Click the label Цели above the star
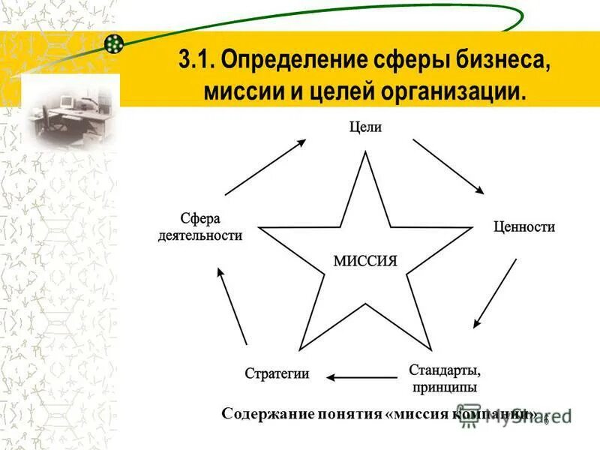pos(365,127)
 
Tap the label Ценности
pos(523,226)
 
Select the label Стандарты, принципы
pos(445,378)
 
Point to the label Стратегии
pos(277,374)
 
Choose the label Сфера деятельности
pos(199,226)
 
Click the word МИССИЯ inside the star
pos(364,261)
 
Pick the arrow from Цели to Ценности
pos(448,166)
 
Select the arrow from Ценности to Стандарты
pos(495,293)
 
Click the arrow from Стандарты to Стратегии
pos(363,377)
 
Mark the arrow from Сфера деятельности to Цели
pos(265,166)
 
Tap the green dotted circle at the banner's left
pos(114,44)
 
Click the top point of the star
pos(365,154)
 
